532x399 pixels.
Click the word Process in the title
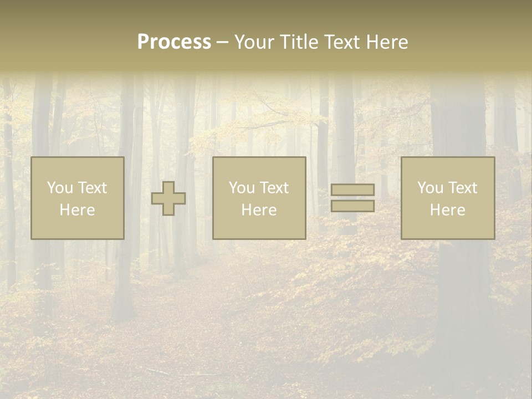[x=174, y=42]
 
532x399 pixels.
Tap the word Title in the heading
[x=300, y=42]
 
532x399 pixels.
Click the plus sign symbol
[x=168, y=198]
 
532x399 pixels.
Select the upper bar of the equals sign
[x=352, y=190]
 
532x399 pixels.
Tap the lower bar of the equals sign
[x=352, y=206]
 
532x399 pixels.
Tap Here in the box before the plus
[x=77, y=210]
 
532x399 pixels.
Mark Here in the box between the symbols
[x=259, y=210]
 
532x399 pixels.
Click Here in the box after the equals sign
[x=447, y=210]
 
